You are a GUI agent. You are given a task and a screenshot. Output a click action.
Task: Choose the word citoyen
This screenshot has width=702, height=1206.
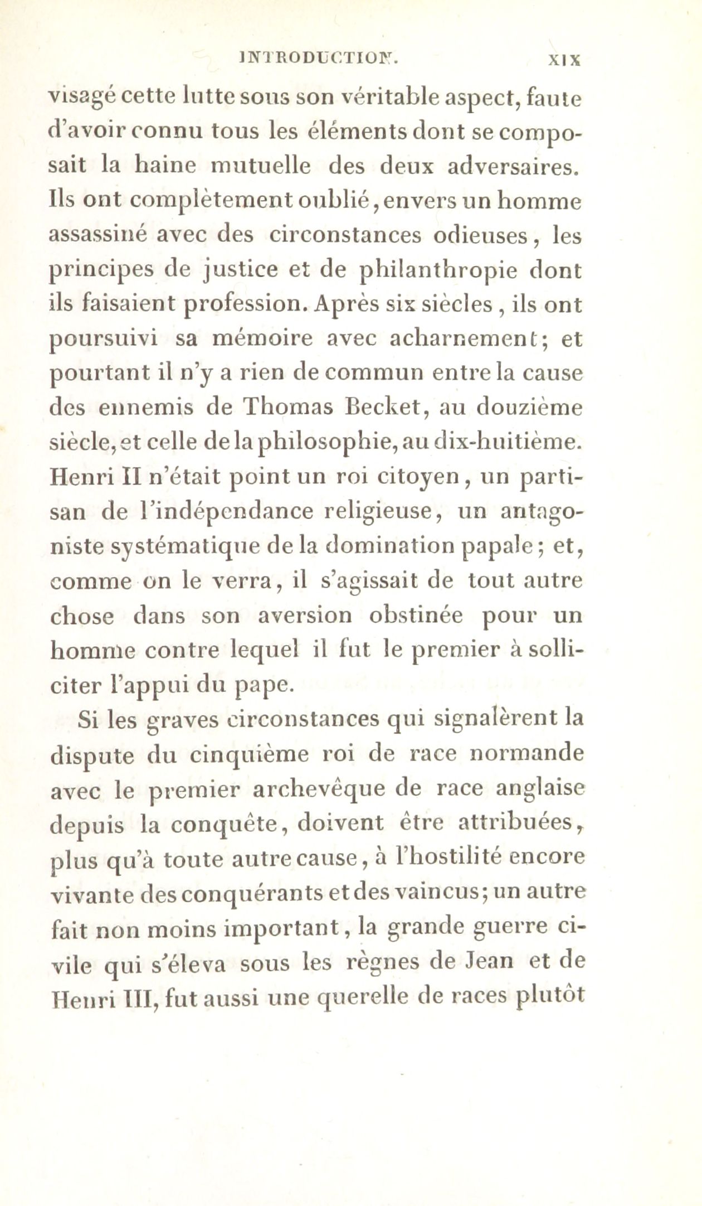(x=415, y=477)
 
